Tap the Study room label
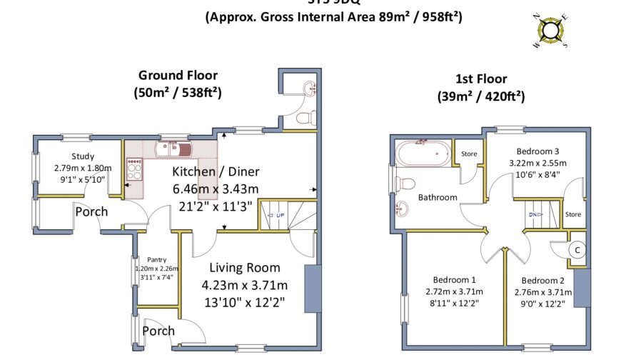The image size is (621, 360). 83,157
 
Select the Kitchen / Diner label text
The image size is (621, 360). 216,172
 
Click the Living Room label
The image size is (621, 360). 244,268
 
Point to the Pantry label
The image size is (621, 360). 156,259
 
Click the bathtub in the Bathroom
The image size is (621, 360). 422,153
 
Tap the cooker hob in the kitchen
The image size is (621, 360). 134,169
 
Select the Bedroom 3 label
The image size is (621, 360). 537,151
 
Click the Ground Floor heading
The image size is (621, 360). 178,76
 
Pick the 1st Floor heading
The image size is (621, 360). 481,79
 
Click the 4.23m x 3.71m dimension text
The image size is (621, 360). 244,285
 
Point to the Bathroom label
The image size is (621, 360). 438,197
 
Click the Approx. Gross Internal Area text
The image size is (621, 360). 333,16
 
